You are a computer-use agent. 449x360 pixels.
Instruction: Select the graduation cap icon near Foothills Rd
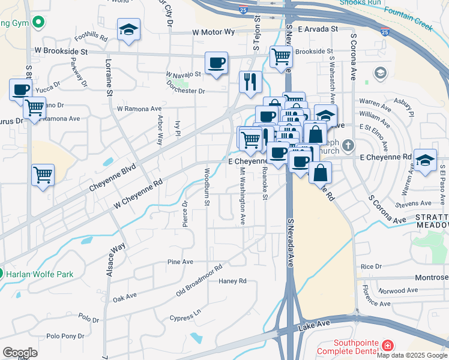(128, 30)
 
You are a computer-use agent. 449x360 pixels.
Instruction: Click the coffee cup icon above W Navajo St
(217, 62)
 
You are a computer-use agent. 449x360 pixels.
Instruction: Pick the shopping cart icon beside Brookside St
(281, 56)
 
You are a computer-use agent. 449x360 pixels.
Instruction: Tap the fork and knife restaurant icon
(250, 80)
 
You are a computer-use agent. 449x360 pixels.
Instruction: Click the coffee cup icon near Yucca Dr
(20, 89)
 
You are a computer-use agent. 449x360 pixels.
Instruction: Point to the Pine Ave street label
(180, 262)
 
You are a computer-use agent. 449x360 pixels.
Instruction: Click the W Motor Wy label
(212, 32)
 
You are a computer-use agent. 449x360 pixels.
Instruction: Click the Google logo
(20, 352)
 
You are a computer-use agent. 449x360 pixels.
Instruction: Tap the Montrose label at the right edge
(432, 278)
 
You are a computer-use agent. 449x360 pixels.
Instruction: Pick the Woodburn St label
(206, 188)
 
